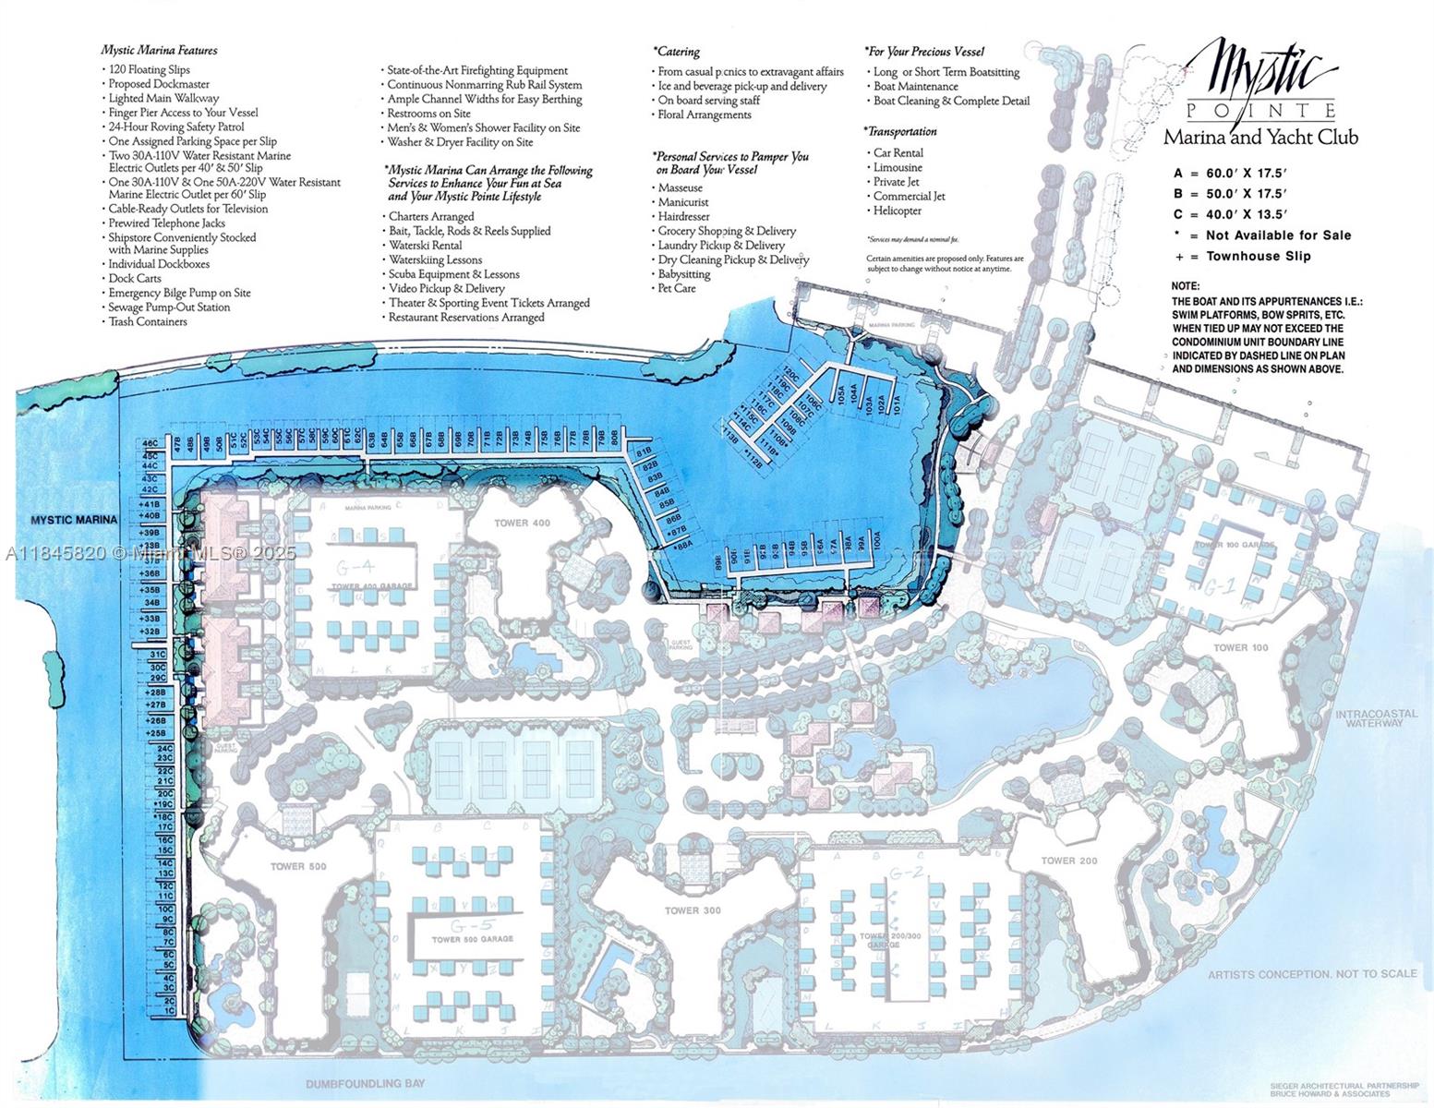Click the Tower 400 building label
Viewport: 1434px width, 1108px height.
coord(522,524)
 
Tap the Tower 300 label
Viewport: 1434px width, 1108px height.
coord(693,910)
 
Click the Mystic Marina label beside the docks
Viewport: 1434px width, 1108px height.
coord(74,520)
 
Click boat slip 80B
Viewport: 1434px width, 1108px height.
coord(614,438)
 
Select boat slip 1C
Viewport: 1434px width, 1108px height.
coord(167,1011)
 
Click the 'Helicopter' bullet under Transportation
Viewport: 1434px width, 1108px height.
coord(897,211)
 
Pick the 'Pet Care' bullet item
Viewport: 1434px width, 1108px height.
coord(676,288)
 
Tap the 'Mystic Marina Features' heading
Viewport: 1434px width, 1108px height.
coord(160,50)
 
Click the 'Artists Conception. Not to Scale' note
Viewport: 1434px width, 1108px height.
coord(1311,974)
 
